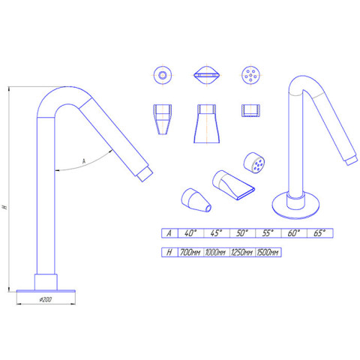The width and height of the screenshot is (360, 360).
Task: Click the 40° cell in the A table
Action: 190,233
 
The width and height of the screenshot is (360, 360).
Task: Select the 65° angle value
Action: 319,233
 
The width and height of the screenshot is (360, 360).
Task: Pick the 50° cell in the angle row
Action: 242,233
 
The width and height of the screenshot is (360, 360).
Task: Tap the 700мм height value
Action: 190,252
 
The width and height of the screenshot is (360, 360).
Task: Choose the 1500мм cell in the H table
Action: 268,252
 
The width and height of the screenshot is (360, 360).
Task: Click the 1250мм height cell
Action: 242,252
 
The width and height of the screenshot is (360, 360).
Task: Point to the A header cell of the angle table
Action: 169,233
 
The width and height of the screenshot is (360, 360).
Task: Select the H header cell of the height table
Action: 169,252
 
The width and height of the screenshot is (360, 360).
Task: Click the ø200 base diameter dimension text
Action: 46,299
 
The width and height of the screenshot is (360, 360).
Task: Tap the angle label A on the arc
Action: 84,161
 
